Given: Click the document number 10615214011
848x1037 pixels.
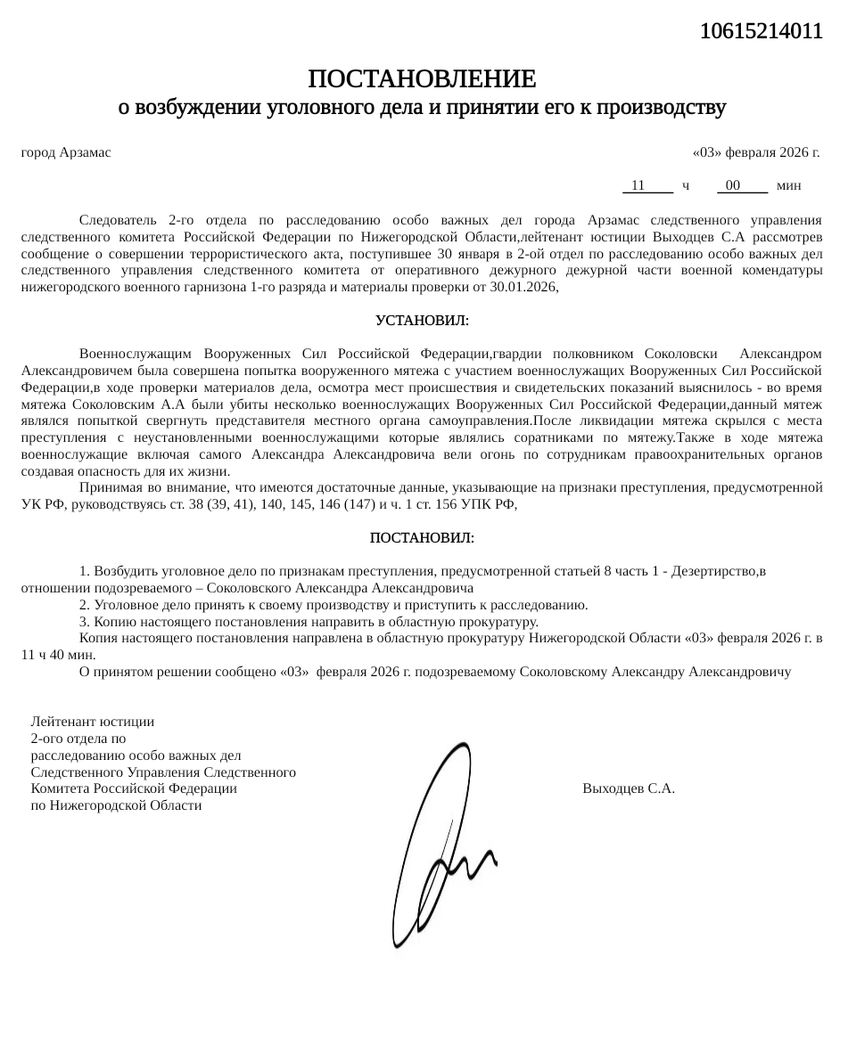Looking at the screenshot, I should click(x=760, y=32).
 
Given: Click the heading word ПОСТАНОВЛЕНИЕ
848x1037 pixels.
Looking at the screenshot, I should click(x=422, y=79).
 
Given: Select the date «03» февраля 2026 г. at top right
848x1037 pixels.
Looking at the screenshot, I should click(x=756, y=152).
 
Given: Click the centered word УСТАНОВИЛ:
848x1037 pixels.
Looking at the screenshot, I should click(x=422, y=320).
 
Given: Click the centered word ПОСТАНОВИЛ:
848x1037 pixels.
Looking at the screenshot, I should click(x=422, y=538).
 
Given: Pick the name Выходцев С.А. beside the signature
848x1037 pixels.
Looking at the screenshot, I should click(x=628, y=788).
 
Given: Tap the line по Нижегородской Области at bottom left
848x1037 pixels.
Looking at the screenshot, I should click(x=116, y=805).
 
